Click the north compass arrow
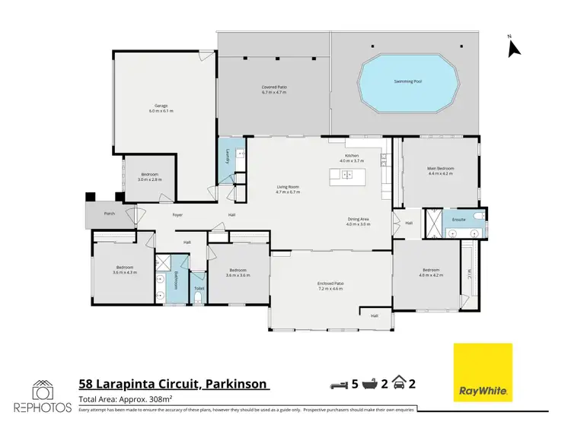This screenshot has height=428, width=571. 513,48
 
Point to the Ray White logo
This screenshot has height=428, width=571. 483,373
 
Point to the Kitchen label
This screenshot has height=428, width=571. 352,158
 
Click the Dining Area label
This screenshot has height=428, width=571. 358,221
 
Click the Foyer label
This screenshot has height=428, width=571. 177,215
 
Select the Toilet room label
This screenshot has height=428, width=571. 199,289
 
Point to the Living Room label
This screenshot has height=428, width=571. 288,189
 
